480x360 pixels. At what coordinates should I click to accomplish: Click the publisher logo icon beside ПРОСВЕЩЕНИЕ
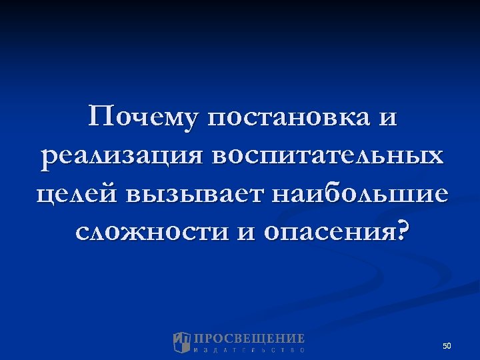[x=182, y=342]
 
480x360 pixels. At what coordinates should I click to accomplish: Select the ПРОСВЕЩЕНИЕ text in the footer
[x=249, y=339]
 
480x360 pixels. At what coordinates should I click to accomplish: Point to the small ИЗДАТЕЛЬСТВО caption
[x=249, y=350]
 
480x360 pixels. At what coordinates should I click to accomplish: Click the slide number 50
[x=447, y=346]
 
